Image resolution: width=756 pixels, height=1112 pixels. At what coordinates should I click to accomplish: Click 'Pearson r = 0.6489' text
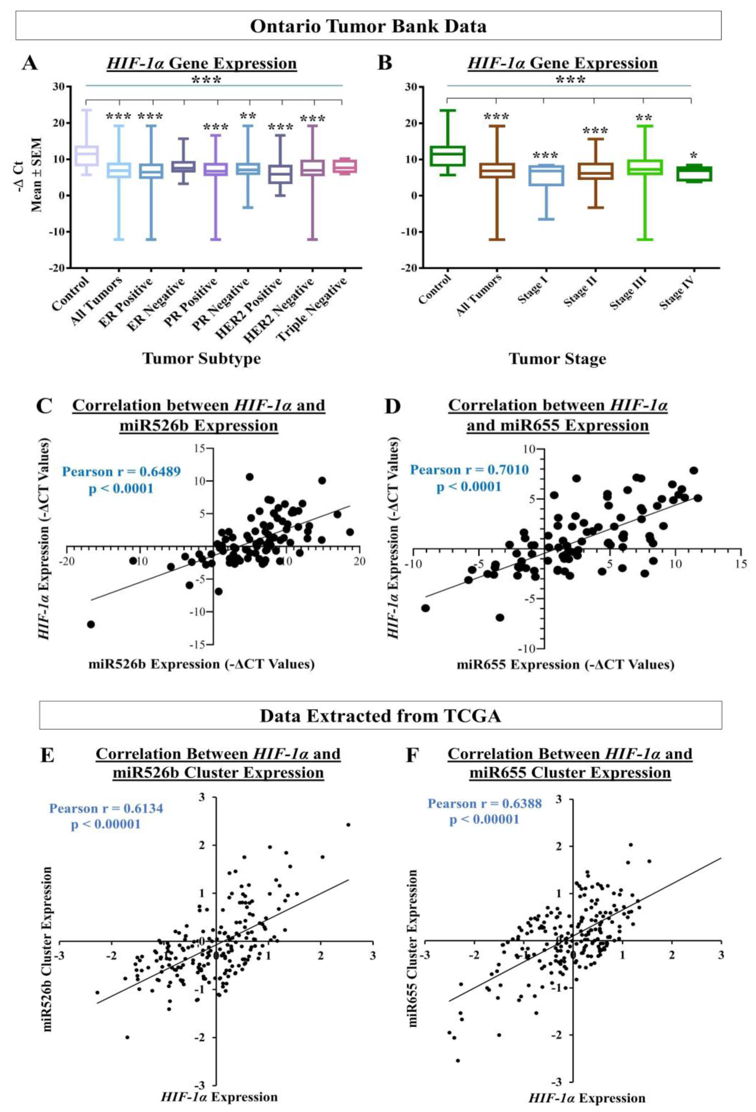121,471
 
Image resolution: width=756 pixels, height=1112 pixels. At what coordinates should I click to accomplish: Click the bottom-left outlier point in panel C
91,624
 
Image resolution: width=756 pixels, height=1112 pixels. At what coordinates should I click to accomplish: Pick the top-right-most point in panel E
348,825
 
